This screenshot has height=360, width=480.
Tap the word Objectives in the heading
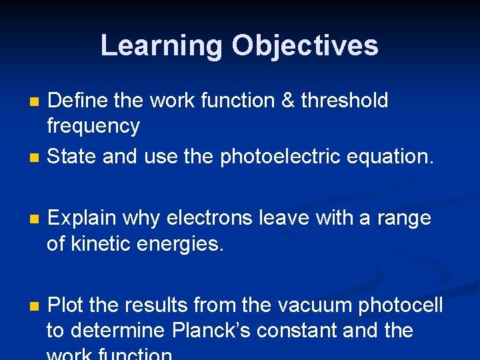[305, 46]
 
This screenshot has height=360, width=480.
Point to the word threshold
[344, 101]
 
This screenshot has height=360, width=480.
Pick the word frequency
[93, 126]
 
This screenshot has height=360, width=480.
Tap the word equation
[393, 156]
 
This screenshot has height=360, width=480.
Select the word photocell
[401, 305]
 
